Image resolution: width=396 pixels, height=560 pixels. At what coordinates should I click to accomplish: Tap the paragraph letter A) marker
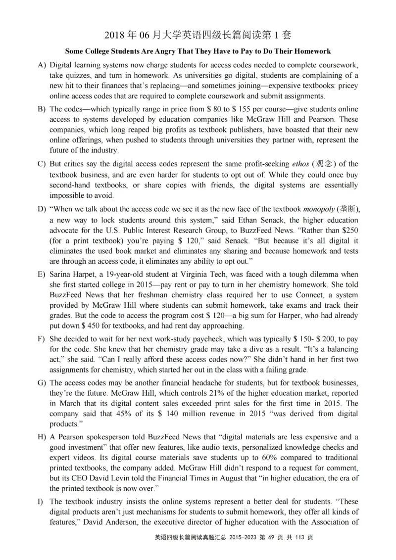[x=41, y=65]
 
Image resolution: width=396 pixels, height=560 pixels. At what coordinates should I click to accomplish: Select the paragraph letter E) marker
[x=41, y=274]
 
